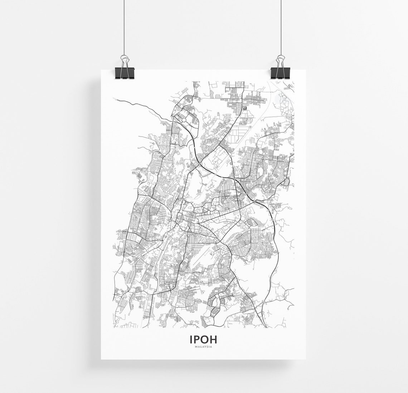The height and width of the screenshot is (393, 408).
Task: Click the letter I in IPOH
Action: coord(191,339)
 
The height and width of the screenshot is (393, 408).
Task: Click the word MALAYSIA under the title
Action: coord(203,346)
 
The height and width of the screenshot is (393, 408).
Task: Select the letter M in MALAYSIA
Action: coord(195,346)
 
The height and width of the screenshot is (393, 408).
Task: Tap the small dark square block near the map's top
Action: coord(245,108)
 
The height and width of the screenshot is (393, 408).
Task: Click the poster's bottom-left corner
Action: coord(101,359)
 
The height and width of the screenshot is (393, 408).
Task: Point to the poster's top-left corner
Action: coord(101,69)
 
